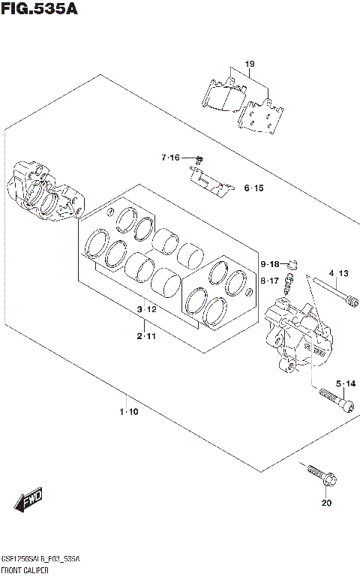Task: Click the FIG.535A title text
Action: (x=39, y=10)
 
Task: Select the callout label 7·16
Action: (x=170, y=158)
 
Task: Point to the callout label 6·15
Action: (x=253, y=188)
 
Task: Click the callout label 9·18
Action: (x=270, y=264)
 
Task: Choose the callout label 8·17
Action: (x=270, y=281)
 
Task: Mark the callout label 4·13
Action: (x=337, y=273)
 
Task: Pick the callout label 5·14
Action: (x=345, y=384)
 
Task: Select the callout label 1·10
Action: (x=128, y=412)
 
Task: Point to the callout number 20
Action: (x=325, y=503)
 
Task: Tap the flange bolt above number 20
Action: (x=321, y=475)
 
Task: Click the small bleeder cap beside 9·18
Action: (x=294, y=263)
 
